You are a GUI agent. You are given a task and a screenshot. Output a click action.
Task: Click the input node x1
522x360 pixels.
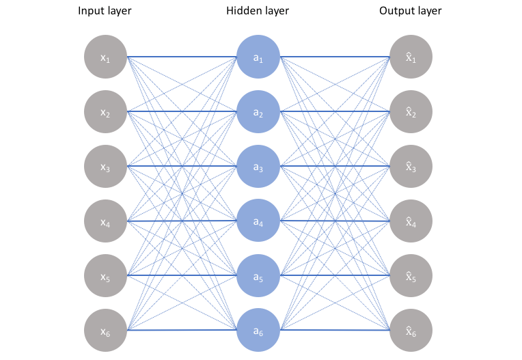pos(105,57)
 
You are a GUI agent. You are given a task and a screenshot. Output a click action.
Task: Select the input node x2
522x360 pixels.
pos(105,112)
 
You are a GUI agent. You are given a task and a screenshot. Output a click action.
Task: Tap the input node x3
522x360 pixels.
pos(105,167)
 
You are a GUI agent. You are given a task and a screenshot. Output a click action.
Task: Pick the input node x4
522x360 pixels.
pos(105,221)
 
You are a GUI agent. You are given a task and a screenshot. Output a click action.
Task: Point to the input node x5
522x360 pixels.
pos(105,276)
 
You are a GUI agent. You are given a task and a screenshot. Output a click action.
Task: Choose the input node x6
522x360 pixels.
pos(105,331)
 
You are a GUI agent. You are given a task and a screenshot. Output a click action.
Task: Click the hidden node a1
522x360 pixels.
pos(258,57)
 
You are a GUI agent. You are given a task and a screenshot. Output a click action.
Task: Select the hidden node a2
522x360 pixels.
pos(258,112)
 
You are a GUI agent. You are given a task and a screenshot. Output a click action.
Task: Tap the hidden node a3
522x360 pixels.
pos(258,167)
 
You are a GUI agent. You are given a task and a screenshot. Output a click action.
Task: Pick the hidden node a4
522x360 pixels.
pos(258,221)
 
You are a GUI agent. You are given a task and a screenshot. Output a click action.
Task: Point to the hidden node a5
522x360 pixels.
pos(258,276)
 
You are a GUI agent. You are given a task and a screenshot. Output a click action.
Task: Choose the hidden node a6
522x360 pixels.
pos(258,331)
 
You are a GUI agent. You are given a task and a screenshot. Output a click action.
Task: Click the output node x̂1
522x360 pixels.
pos(411,57)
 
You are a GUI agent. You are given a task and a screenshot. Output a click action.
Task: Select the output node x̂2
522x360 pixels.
pos(411,112)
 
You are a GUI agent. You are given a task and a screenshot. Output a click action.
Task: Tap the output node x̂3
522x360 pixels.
pos(411,167)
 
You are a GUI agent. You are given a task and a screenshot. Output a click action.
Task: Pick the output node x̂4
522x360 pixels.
pos(411,221)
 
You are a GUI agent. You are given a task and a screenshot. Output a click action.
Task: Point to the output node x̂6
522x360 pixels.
pos(411,331)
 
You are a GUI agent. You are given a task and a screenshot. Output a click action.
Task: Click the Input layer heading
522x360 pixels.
pos(105,11)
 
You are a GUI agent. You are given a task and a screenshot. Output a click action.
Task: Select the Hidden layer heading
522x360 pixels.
pos(258,11)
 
